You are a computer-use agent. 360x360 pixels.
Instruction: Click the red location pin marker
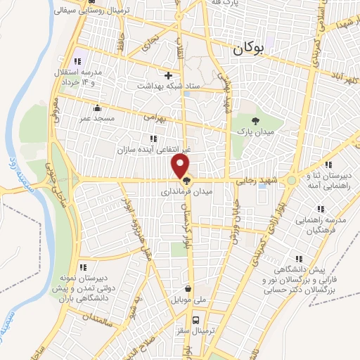click(x=181, y=167)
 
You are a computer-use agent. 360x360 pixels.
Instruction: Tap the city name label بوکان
click(x=249, y=49)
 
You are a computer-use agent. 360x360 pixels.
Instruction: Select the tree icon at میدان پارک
click(x=255, y=122)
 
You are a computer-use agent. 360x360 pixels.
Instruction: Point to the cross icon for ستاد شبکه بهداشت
click(x=168, y=75)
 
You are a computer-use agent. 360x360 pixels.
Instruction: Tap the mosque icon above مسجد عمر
click(x=97, y=108)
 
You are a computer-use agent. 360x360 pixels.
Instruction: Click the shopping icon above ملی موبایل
click(x=188, y=288)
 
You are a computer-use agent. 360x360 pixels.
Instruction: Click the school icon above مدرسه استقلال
click(x=77, y=61)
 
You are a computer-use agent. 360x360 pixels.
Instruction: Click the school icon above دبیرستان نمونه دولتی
click(x=83, y=266)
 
